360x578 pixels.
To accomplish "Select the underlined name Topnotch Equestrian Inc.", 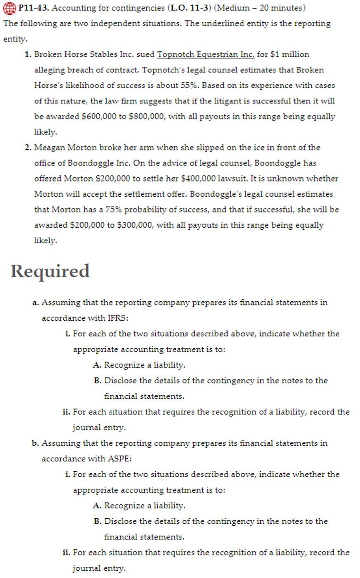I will click(206, 54).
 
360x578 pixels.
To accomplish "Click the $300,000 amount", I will click(135, 225).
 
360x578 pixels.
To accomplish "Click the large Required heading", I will click(50, 271).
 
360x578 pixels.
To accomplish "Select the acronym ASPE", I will click(119, 459).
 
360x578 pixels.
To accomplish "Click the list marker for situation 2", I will click(28, 147).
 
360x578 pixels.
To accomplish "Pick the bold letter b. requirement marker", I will click(35, 443).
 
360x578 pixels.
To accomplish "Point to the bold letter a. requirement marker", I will click(35, 303).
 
